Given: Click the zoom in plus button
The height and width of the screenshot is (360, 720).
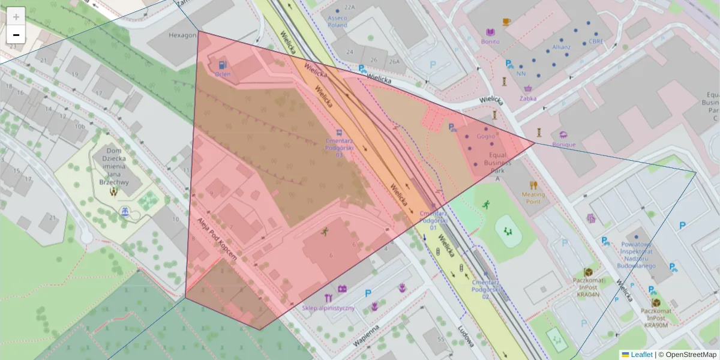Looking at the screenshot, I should point(16,17).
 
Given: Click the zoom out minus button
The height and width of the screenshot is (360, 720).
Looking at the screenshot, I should point(16,35).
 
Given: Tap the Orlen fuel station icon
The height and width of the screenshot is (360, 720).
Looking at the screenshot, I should point(223,64).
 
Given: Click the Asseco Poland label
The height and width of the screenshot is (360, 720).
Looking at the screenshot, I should point(337,22).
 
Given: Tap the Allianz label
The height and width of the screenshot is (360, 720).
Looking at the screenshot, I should point(562,46).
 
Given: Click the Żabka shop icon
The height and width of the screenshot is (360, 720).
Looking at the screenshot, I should point(528,89).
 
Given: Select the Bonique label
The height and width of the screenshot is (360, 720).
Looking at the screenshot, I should point(563,144).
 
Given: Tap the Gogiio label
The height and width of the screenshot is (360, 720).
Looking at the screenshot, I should point(486,136).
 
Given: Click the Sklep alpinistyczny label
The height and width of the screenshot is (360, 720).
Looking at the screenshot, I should point(328,308).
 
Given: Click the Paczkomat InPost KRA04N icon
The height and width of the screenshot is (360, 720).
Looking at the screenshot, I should point(588,272).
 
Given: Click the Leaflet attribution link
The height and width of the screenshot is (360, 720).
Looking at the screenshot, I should point(641,355).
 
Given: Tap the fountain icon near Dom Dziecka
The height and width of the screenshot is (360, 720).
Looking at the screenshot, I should point(125,212).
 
